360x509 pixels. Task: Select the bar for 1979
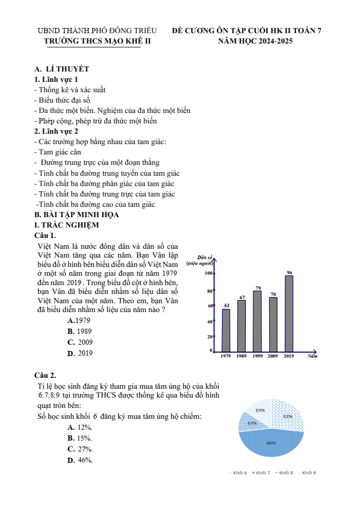tap(226, 330)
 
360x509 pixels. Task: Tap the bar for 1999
tap(257, 321)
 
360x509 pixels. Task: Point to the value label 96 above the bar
tap(289, 272)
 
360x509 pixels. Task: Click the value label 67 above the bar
tap(242, 297)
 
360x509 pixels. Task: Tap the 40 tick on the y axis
tap(210, 322)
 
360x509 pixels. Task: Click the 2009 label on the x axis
tap(273, 356)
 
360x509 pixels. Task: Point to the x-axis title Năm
tap(312, 357)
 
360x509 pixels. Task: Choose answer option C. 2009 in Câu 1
tap(80, 343)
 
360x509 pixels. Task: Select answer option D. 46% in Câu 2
tap(80, 460)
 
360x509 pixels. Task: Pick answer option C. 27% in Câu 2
tap(80, 449)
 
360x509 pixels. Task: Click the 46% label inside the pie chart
tap(271, 443)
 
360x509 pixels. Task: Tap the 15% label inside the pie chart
tap(260, 410)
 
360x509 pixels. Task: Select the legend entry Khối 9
tap(308, 473)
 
